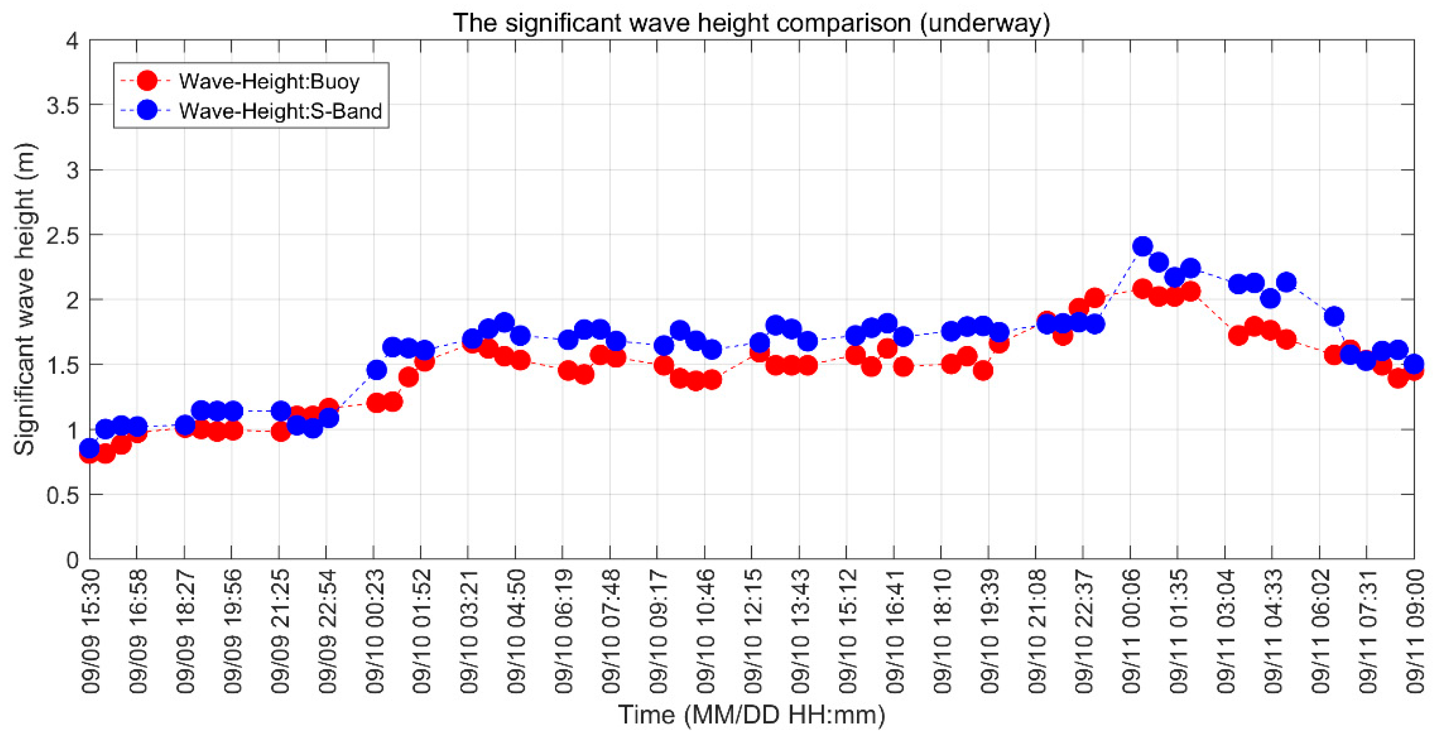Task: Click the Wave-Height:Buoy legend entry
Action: (269, 82)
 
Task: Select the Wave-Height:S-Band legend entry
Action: (280, 111)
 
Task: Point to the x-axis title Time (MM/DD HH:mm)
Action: (752, 715)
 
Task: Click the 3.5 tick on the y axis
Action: (63, 105)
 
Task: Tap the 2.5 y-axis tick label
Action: (63, 235)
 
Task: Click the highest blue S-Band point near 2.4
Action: (1142, 246)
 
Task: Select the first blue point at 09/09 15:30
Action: (90, 447)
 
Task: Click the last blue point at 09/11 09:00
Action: (1413, 364)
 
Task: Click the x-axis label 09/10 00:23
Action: (374, 631)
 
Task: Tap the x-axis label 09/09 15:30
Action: (90, 631)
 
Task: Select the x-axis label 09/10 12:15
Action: (753, 631)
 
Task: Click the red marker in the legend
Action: (147, 81)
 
